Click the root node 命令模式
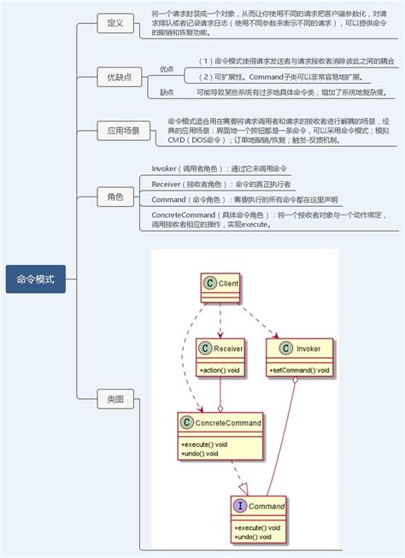[x=35, y=279]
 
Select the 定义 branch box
[x=115, y=23]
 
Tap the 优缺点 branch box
[x=119, y=77]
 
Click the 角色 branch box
[x=115, y=197]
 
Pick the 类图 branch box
[x=115, y=398]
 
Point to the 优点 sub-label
[x=167, y=68]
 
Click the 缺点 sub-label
[x=167, y=91]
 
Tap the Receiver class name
[x=228, y=349]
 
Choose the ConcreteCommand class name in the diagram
[x=227, y=422]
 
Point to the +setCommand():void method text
[x=299, y=370]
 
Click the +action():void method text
[x=220, y=370]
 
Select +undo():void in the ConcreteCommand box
[x=200, y=454]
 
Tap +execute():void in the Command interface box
[x=257, y=527]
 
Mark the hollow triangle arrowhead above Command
[x=242, y=488]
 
